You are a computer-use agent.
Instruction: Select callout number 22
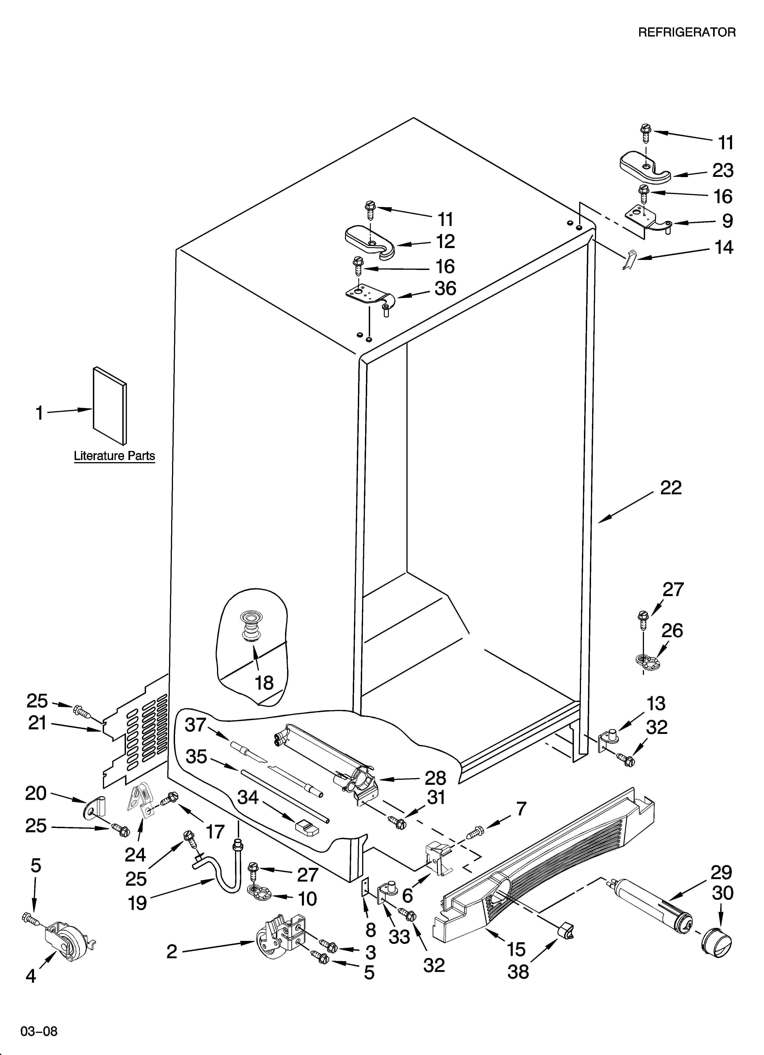pyautogui.click(x=670, y=487)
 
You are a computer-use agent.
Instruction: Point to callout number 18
pyautogui.click(x=264, y=683)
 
